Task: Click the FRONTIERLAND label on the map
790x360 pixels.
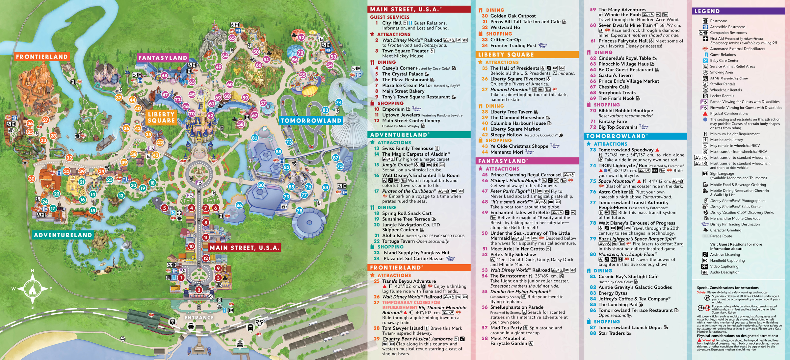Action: (42, 57)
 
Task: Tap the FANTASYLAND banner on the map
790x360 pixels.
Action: (163, 58)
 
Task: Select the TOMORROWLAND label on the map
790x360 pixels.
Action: (311, 121)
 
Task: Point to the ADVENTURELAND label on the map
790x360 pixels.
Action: (63, 235)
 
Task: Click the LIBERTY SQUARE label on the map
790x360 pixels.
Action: (161, 117)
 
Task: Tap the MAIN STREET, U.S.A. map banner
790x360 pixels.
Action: (244, 248)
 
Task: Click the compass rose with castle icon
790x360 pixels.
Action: (32, 289)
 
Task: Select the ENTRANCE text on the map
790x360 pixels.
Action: (199, 318)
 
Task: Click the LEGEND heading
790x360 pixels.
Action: (707, 11)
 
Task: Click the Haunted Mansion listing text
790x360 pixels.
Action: (510, 90)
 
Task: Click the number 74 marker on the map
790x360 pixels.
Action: (339, 102)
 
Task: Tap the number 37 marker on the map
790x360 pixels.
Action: (118, 98)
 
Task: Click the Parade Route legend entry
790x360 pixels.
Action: (721, 236)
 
